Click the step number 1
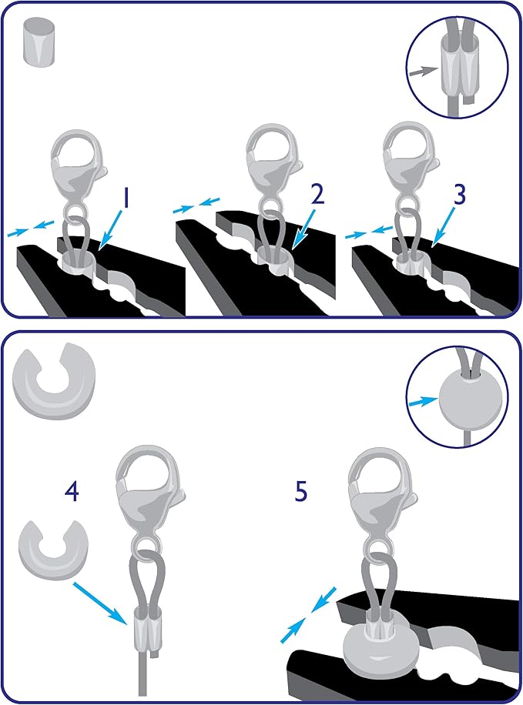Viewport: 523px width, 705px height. click(x=126, y=199)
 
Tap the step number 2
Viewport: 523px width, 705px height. click(x=317, y=194)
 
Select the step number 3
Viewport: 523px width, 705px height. click(x=459, y=194)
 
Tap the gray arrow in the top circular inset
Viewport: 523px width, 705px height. click(x=424, y=71)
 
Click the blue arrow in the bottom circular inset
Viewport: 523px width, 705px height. click(x=423, y=401)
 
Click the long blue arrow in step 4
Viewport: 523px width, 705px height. click(x=100, y=603)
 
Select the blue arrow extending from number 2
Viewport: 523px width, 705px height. click(x=303, y=228)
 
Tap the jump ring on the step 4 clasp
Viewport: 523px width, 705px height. click(x=145, y=546)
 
